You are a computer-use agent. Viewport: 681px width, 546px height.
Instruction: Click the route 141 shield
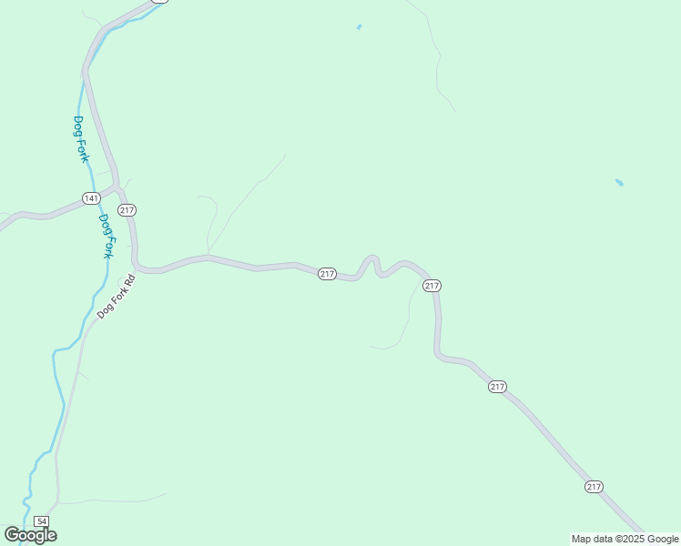[91, 198]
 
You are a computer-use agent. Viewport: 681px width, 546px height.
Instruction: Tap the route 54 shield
[41, 521]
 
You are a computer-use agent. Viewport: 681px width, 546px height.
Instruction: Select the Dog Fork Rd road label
[116, 296]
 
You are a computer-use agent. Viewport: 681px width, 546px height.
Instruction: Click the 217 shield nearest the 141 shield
[127, 210]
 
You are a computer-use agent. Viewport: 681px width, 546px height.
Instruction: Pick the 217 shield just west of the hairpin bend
[328, 274]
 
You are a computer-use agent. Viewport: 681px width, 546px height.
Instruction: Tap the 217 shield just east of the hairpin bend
[432, 286]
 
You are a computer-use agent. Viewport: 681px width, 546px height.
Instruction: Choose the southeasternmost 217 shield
[594, 487]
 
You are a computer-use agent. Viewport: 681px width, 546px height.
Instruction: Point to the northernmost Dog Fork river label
[81, 139]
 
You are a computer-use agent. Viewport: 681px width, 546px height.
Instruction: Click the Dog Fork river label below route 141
[107, 236]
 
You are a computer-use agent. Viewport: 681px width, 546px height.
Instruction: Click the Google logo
[30, 535]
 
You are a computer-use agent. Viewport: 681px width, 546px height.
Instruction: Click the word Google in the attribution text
[663, 539]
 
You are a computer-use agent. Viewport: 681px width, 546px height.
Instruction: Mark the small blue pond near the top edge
[359, 27]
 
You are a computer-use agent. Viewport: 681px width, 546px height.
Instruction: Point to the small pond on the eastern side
[619, 183]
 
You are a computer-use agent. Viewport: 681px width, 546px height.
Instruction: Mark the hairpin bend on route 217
[372, 258]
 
